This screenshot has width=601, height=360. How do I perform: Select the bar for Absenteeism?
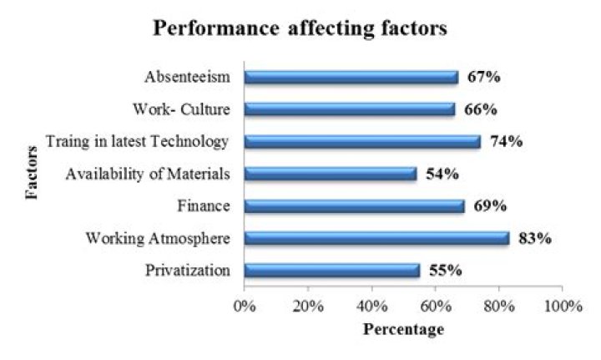click(x=351, y=77)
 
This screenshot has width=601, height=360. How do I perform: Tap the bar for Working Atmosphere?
click(x=376, y=238)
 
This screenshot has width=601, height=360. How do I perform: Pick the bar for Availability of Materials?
click(x=331, y=174)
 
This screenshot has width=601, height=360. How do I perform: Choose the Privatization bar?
click(x=332, y=271)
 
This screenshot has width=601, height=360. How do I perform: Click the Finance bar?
click(x=354, y=205)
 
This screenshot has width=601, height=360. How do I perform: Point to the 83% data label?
click(x=535, y=238)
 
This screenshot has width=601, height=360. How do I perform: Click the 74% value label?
click(x=506, y=141)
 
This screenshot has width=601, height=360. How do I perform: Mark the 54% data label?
click(x=442, y=174)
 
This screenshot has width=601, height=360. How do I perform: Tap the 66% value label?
click(x=481, y=109)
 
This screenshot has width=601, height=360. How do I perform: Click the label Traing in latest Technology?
click(x=137, y=141)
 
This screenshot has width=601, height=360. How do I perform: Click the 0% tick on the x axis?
click(x=244, y=306)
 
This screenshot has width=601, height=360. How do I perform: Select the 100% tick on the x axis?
click(x=562, y=306)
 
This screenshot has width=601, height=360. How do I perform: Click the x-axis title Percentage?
click(x=403, y=329)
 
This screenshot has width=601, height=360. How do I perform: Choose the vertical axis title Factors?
click(x=32, y=173)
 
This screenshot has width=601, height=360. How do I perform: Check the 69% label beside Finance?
click(x=490, y=205)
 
